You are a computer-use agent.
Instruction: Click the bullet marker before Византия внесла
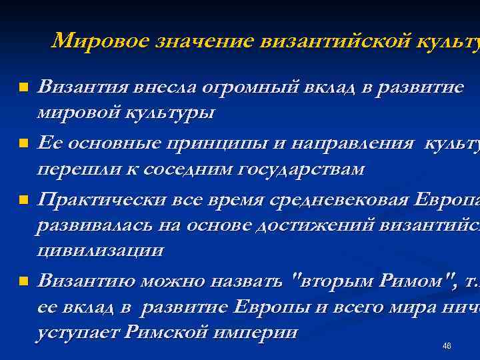coord(24,87)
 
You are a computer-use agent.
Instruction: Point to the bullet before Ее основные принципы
coord(24,143)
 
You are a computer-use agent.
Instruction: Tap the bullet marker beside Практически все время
coord(24,199)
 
